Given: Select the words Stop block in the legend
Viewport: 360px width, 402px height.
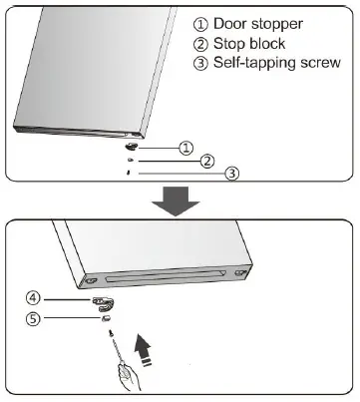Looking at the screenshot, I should tap(255, 43).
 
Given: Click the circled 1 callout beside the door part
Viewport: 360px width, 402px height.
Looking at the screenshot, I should tap(185, 147).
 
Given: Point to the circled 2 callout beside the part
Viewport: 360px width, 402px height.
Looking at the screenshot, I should tap(207, 160).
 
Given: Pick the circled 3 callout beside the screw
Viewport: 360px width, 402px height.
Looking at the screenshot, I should tap(231, 173).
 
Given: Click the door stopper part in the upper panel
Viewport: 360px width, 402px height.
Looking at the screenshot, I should tap(132, 146).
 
